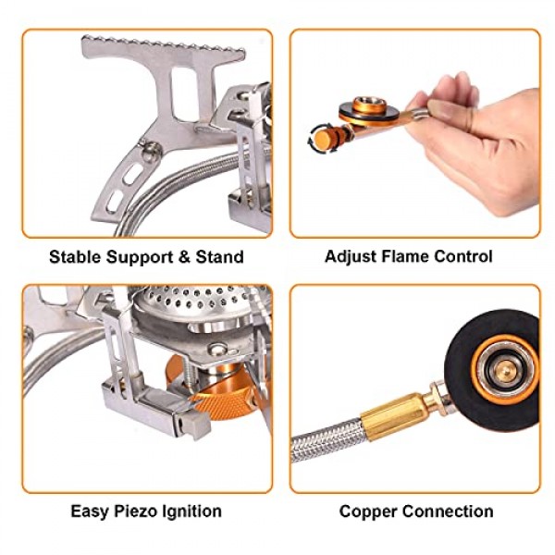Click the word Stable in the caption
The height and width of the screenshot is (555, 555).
click(x=75, y=256)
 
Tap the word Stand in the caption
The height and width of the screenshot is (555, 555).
click(x=220, y=256)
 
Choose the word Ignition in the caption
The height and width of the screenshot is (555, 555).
click(x=191, y=512)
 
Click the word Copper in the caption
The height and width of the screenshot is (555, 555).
click(x=368, y=512)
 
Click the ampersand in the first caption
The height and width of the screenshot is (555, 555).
click(x=184, y=256)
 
